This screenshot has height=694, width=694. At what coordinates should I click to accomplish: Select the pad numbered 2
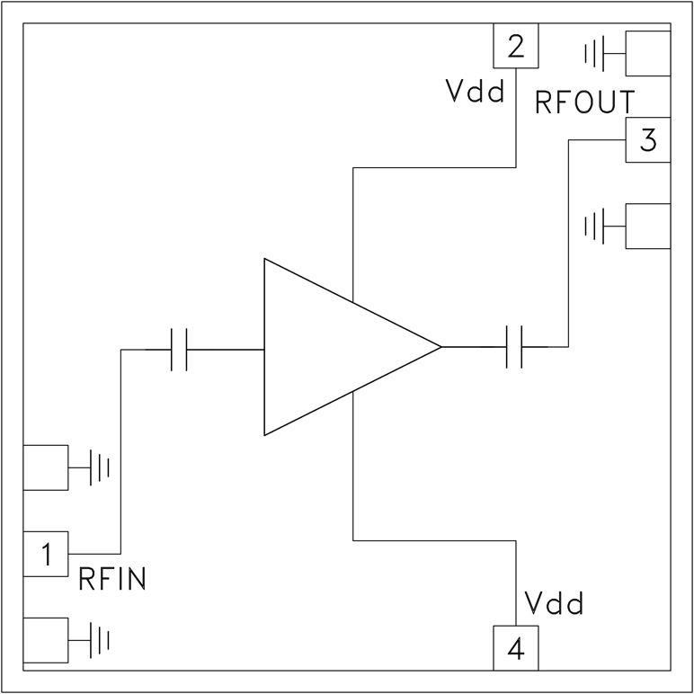[x=515, y=45]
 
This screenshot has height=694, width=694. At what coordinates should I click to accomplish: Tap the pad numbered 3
[x=648, y=141]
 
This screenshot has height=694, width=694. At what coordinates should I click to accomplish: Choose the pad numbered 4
[x=515, y=648]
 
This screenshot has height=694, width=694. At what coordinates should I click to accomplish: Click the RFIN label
[x=111, y=579]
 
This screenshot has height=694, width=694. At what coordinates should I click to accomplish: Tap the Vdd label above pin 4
[x=554, y=602]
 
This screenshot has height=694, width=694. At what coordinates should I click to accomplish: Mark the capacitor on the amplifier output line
[x=515, y=347]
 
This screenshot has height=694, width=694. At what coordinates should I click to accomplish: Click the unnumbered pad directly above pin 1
[x=45, y=467]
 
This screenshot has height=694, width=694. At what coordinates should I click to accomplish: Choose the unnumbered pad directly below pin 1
[x=45, y=640]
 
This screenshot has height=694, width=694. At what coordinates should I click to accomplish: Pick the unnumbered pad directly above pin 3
[x=648, y=54]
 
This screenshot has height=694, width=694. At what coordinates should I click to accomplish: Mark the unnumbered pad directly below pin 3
[x=648, y=227]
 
